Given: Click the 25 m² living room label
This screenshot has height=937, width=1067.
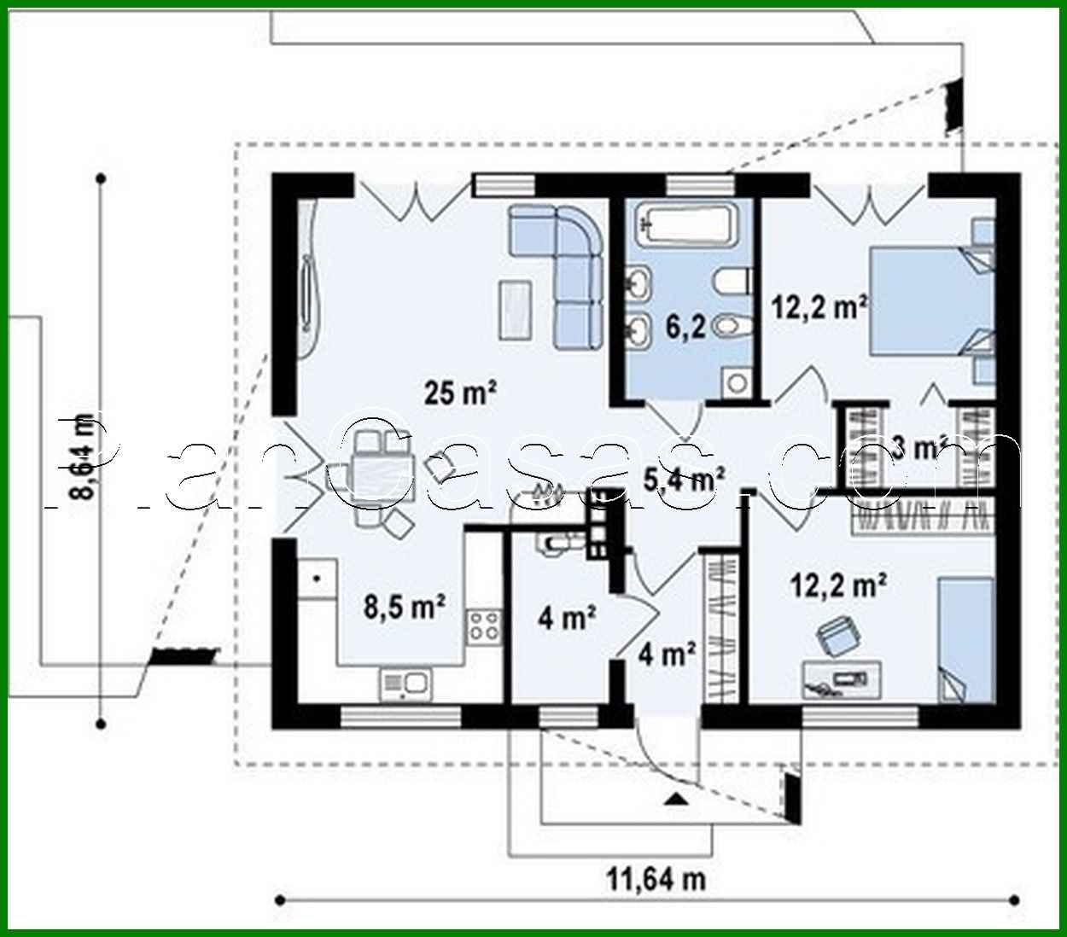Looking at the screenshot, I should (461, 393).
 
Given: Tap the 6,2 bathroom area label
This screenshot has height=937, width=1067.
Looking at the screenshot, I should (687, 326).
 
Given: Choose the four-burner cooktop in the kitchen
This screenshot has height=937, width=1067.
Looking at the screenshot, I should (484, 627).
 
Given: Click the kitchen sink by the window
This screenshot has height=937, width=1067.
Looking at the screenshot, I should (406, 683).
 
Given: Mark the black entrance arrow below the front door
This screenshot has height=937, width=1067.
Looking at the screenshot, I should (675, 799).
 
